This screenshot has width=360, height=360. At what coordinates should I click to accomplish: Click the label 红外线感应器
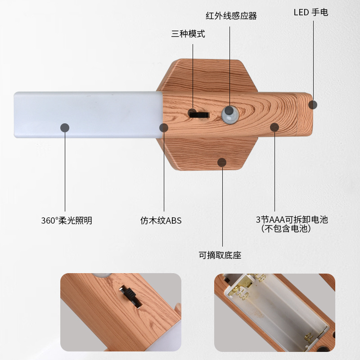click(x=231, y=16)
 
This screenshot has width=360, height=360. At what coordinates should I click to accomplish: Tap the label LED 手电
click(x=310, y=12)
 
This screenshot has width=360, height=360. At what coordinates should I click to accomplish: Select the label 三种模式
click(x=188, y=34)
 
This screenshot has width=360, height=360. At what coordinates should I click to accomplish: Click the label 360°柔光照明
click(x=67, y=221)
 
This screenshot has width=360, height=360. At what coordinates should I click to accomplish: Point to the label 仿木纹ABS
click(x=161, y=221)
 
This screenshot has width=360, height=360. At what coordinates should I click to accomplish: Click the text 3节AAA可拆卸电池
click(x=292, y=220)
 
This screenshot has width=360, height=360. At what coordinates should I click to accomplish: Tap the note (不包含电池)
click(x=286, y=229)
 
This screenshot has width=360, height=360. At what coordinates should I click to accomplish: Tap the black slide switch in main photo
click(x=198, y=114)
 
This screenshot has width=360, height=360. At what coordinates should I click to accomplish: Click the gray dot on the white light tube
click(x=65, y=128)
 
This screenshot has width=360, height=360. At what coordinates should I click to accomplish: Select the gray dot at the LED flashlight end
click(x=313, y=105)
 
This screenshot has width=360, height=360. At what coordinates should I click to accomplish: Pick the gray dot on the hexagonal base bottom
click(x=222, y=162)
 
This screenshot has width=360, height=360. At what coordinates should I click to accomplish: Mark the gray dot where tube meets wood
click(x=164, y=128)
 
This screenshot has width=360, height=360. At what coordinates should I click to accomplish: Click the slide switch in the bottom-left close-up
click(x=130, y=297)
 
